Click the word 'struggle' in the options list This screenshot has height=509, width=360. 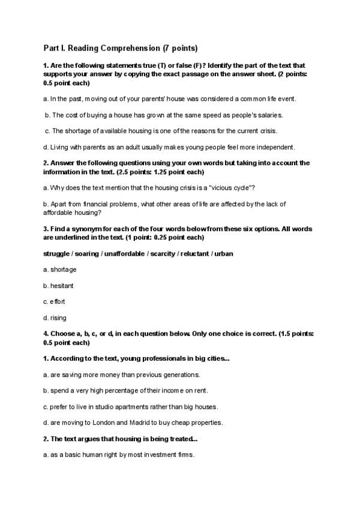click(x=57, y=253)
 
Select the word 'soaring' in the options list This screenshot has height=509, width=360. click(x=89, y=253)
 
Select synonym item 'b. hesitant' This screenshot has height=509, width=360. click(x=59, y=286)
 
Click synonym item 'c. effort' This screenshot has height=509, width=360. click(x=55, y=302)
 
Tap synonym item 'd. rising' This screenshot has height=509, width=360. click(x=55, y=318)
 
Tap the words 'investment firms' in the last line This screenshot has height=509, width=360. click(x=173, y=455)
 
